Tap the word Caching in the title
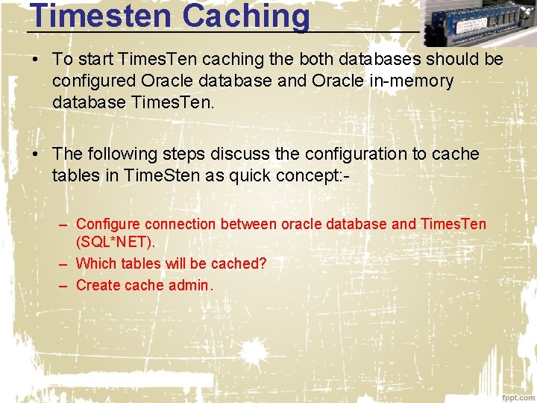[x=245, y=16]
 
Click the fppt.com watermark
[x=518, y=396]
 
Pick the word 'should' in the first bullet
[x=453, y=59]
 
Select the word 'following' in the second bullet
[x=123, y=154]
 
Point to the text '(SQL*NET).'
[x=116, y=243]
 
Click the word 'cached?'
[x=239, y=263]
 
